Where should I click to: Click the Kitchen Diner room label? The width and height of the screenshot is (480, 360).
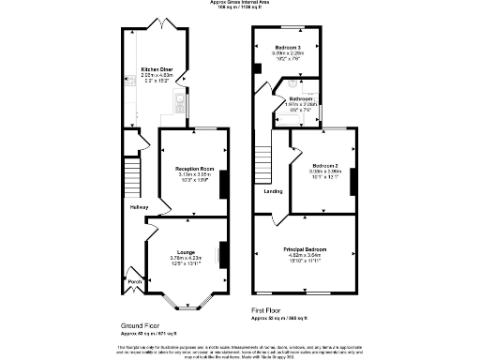pyautogui.click(x=155, y=69)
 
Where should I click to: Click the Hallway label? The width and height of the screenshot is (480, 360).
pyautogui.click(x=139, y=207)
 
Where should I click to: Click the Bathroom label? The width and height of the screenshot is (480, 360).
pyautogui.click(x=300, y=97)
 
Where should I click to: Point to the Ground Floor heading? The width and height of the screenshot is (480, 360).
pyautogui.click(x=140, y=323)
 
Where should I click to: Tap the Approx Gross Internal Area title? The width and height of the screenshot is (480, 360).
pyautogui.click(x=240, y=4)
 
